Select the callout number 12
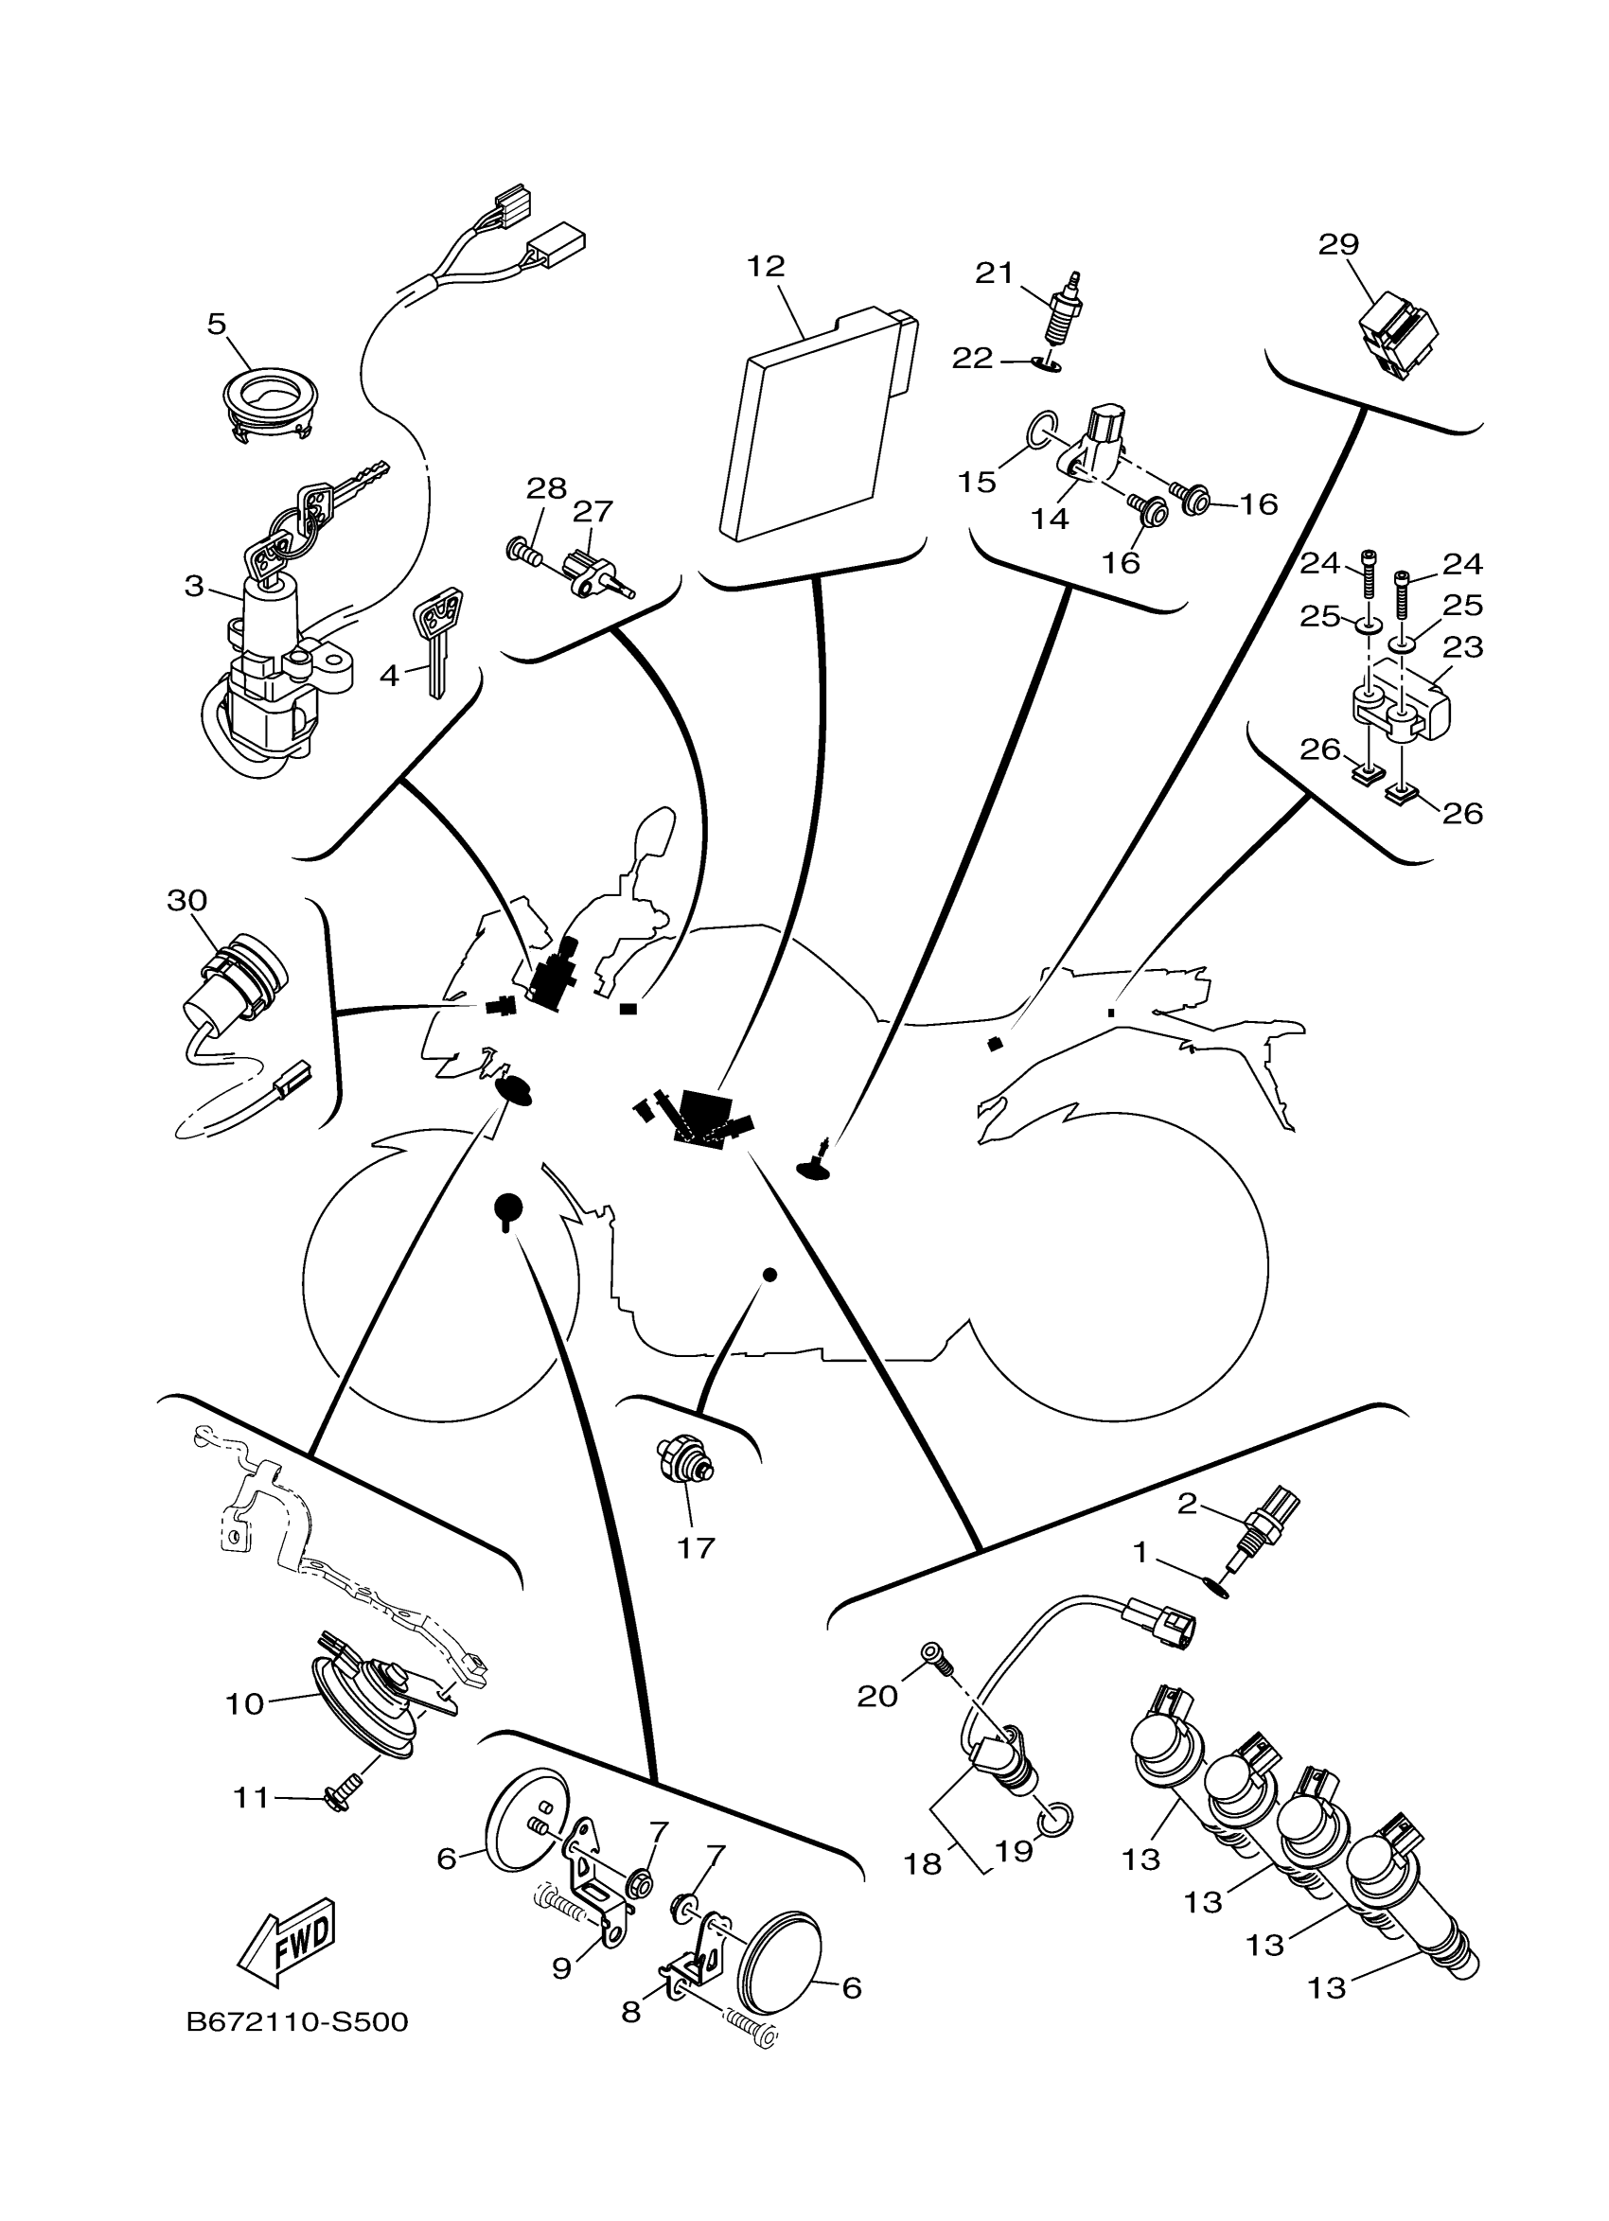[x=766, y=265]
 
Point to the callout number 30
[x=187, y=899]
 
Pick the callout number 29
[x=1337, y=244]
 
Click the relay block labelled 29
[x=1401, y=336]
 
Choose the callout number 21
[x=993, y=273]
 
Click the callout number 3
[x=194, y=586]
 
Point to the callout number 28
[x=545, y=487]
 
